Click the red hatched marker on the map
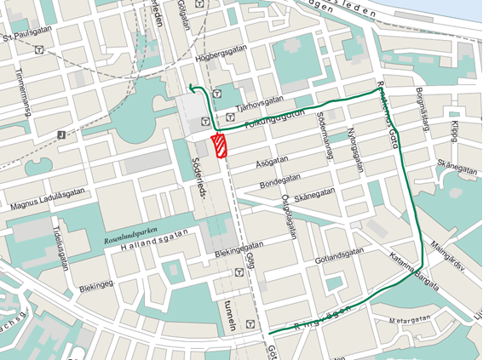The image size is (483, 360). (220, 146)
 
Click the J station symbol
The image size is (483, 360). (60, 134)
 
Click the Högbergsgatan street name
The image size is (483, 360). (220, 59)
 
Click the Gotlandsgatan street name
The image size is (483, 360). (338, 254)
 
